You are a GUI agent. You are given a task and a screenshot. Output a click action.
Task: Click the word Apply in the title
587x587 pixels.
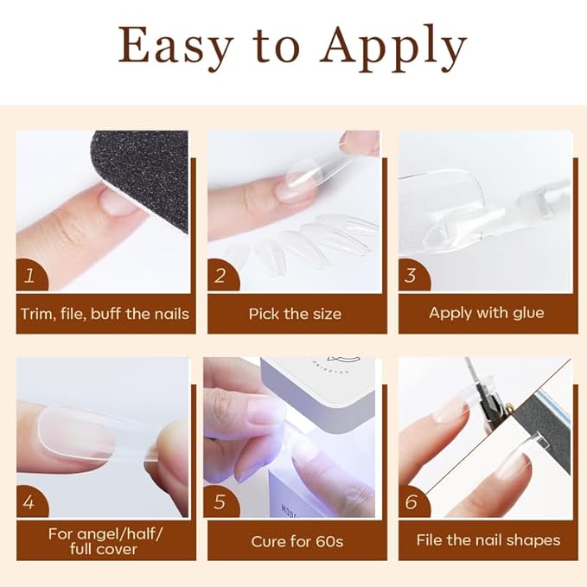(x=394, y=48)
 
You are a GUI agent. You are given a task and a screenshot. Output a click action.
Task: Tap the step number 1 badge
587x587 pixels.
(x=31, y=276)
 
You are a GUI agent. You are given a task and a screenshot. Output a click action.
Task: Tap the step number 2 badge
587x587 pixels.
(x=221, y=276)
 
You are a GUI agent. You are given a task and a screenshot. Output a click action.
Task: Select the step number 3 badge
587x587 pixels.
(x=412, y=276)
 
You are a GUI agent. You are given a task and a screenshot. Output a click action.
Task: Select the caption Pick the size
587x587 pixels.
(x=295, y=313)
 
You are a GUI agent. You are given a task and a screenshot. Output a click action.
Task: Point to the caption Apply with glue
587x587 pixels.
(x=487, y=313)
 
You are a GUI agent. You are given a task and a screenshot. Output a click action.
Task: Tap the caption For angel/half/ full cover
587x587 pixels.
(x=105, y=541)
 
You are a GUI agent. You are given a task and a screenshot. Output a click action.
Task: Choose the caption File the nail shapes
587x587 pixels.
(x=488, y=541)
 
